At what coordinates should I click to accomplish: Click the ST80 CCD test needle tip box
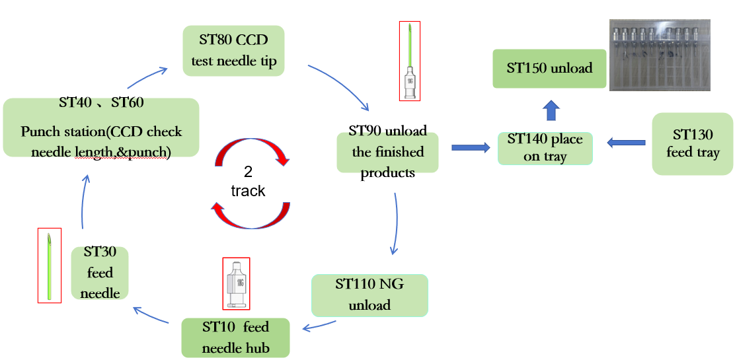233,51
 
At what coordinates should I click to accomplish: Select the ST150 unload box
549,68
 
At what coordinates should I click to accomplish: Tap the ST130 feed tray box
692,143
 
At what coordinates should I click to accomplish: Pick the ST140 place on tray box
545,148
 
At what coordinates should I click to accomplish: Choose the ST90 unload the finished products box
388,152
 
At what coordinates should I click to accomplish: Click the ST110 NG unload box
369,295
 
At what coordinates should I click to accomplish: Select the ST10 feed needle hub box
235,338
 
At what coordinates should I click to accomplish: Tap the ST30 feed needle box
100,272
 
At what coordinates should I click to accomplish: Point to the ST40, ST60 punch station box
101,127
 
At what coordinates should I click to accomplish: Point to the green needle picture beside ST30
50,266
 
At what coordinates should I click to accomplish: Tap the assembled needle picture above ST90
409,61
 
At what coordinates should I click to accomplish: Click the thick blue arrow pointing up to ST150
550,111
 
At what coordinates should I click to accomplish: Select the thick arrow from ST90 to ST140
470,147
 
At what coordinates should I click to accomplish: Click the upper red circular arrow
252,151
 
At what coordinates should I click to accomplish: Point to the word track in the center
248,191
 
